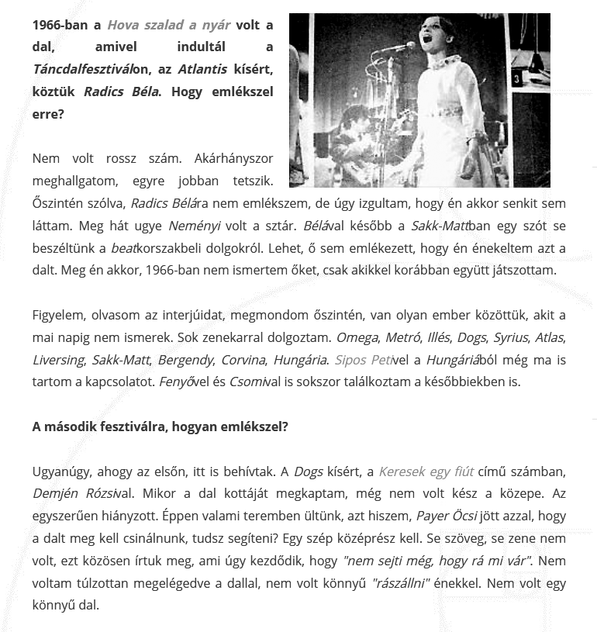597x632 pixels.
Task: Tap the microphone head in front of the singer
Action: point(406,46)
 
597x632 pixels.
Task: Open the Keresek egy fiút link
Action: point(425,471)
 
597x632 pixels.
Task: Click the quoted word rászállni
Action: point(400,582)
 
